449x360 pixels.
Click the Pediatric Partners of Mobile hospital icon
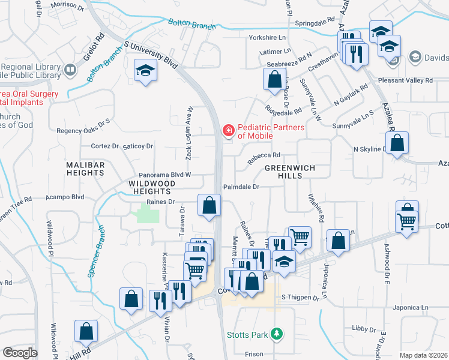[228, 130]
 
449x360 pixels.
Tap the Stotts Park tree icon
[277, 334]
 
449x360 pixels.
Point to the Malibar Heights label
[86, 169]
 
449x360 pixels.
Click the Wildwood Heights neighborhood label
[152, 186]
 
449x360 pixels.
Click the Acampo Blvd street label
[65, 197]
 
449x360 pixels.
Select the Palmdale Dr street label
[241, 187]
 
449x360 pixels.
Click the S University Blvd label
[151, 54]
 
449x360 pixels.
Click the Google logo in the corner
[20, 353]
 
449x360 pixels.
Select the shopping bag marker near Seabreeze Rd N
[274, 79]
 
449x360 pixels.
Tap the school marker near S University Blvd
[144, 71]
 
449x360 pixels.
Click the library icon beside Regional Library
[70, 70]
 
